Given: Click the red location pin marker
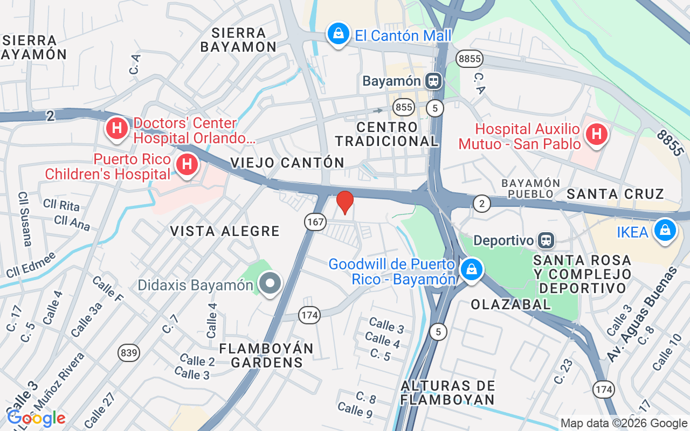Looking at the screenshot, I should (x=345, y=201).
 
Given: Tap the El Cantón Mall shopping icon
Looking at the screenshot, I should (x=338, y=34).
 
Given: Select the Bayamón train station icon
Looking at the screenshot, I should (x=433, y=81).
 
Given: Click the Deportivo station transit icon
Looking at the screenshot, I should (x=546, y=240).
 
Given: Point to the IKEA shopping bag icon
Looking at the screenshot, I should (x=665, y=231).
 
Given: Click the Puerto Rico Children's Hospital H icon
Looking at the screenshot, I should (x=187, y=163).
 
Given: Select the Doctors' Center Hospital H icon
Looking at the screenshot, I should (x=116, y=128).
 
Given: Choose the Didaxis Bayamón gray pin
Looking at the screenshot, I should (x=269, y=282).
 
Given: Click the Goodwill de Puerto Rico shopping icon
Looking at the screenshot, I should (x=472, y=268).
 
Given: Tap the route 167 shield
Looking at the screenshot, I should (x=315, y=221).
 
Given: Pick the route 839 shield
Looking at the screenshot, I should (x=129, y=353).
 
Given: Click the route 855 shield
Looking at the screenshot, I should (x=403, y=107).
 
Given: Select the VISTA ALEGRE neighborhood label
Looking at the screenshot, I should (x=225, y=231).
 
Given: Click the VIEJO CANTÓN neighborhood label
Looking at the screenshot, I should (x=287, y=162).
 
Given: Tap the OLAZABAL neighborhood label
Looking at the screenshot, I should (x=510, y=304).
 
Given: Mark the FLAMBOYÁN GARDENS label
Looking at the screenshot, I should (x=267, y=355).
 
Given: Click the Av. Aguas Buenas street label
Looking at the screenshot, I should (x=641, y=315).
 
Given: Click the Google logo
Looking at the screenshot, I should (x=36, y=418).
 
